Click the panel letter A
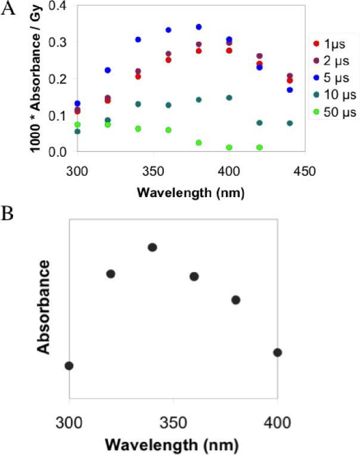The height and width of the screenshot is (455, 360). click(x=9, y=11)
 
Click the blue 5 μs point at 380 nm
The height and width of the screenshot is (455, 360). click(x=198, y=27)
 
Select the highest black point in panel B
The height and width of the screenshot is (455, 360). click(x=152, y=247)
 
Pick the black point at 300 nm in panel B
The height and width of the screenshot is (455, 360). click(x=69, y=365)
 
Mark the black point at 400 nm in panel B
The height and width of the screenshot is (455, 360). click(x=277, y=353)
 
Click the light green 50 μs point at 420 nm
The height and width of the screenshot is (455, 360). click(x=259, y=147)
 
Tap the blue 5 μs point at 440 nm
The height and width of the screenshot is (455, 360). click(x=290, y=90)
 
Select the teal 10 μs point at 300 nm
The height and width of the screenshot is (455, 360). click(x=77, y=131)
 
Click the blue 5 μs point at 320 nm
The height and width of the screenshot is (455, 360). click(x=108, y=70)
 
